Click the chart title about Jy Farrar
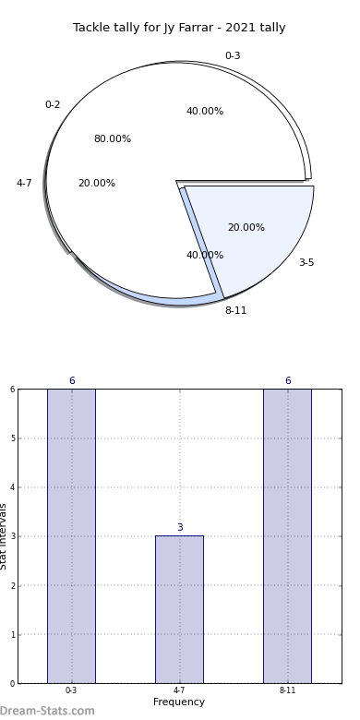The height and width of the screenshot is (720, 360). click(179, 28)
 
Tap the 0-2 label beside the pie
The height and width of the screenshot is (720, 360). click(53, 104)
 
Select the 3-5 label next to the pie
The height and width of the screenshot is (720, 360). click(306, 263)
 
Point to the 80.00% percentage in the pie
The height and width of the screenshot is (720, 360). click(113, 138)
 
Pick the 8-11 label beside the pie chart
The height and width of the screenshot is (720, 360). click(235, 310)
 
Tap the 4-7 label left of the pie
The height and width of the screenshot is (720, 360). click(24, 183)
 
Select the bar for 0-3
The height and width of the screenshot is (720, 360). click(72, 536)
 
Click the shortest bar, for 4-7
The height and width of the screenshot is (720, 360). click(180, 609)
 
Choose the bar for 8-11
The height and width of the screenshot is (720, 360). click(287, 536)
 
